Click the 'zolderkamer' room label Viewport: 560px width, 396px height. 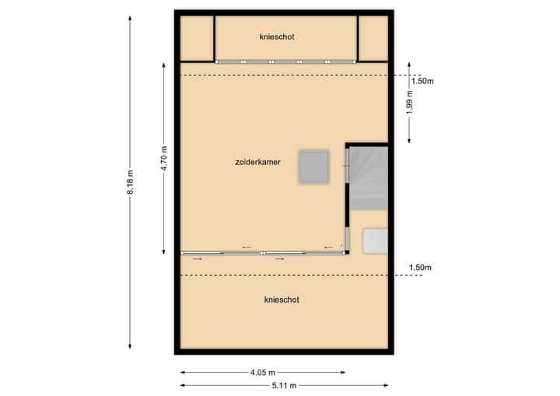[x=257, y=163]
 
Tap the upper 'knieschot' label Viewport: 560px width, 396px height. [x=277, y=37]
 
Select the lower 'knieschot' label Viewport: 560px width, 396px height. [x=282, y=300]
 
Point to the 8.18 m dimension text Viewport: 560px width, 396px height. [x=131, y=184]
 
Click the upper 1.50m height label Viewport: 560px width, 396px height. [x=422, y=81]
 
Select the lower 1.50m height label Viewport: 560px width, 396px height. [x=420, y=268]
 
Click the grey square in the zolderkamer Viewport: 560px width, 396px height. [x=315, y=166]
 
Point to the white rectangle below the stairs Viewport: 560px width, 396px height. [x=376, y=240]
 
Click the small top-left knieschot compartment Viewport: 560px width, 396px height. [x=197, y=37]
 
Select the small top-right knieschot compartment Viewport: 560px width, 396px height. [x=373, y=37]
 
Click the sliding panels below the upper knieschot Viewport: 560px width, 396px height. [x=285, y=61]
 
